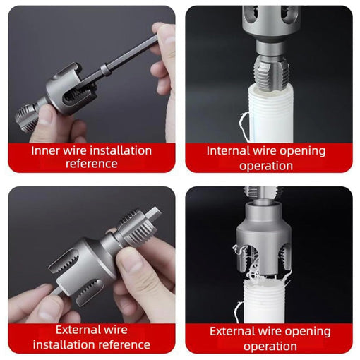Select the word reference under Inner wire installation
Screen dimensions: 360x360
click(91, 164)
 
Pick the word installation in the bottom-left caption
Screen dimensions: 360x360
click(65, 344)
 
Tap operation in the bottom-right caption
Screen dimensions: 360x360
click(268, 346)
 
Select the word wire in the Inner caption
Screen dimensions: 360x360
click(76, 150)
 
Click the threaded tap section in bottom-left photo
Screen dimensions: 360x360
click(132, 226)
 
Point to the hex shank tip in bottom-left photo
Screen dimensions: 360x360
click(156, 212)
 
